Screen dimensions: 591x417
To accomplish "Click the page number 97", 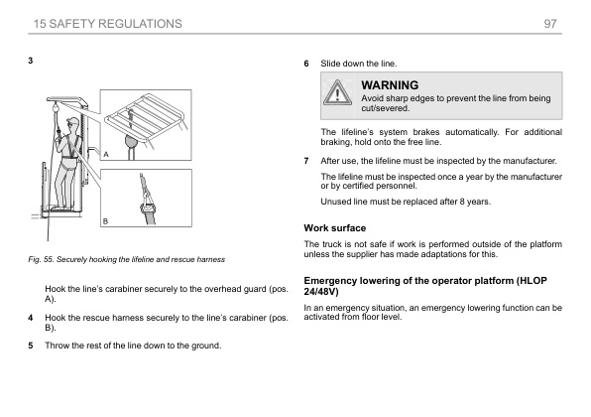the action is point(550,24).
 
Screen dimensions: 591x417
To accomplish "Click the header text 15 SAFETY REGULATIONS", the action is point(108,24).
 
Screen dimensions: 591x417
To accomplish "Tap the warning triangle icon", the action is point(337,92).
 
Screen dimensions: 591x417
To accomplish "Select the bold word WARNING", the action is point(390,85).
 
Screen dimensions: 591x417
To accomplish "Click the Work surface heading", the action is point(335,228).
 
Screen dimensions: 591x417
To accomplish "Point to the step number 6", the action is point(306,64).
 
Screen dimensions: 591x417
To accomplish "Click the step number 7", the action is point(306,161).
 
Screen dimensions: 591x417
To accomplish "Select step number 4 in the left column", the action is point(31,318).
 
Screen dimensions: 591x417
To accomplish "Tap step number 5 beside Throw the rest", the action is point(31,346).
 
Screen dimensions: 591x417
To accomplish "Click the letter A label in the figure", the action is point(106,154).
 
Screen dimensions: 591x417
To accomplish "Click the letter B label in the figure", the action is point(105,221).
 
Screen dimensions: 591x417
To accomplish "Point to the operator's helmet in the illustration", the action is point(73,121).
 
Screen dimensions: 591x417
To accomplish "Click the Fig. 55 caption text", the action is point(126,260).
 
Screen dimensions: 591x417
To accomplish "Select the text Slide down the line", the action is point(359,64).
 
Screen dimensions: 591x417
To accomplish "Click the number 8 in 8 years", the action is point(462,202).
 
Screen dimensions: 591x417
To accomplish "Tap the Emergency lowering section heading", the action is point(425,286).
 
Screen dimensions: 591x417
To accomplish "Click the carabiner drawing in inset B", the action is point(148,208).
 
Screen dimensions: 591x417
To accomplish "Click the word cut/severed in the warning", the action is point(385,108).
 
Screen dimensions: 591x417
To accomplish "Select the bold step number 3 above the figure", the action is point(31,61).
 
